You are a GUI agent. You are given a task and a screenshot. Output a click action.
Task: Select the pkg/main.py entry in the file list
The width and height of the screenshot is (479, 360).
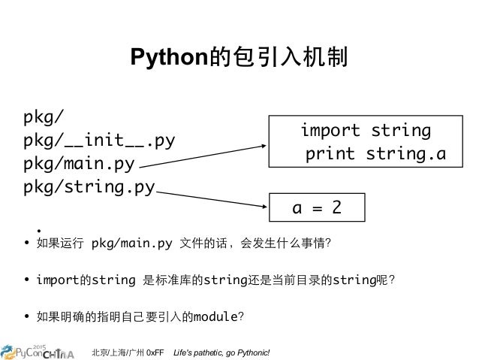79,163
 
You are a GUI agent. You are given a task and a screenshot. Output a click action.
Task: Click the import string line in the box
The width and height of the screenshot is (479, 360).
366,131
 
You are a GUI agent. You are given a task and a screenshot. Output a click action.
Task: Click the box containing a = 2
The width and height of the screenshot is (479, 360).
316,207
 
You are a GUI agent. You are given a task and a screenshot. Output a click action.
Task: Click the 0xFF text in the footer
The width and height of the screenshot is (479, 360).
155,352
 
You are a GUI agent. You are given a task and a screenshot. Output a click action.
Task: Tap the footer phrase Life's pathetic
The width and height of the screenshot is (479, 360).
196,352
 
